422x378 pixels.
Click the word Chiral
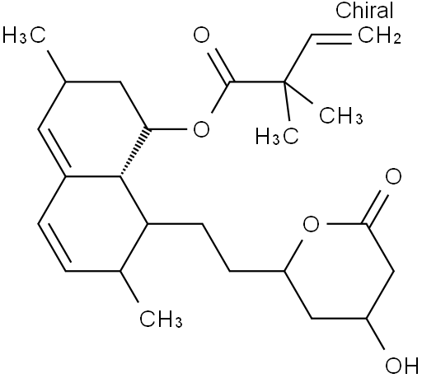(364, 10)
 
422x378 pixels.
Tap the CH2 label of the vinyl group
(379, 35)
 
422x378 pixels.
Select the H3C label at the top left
(24, 35)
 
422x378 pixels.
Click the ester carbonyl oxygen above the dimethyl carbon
(201, 35)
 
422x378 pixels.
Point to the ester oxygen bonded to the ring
(201, 129)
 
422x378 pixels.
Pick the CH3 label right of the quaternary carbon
(340, 115)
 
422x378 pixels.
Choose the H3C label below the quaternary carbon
(277, 136)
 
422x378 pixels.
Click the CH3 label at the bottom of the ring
(161, 319)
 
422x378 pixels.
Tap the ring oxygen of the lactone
(312, 224)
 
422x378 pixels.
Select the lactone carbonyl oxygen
(393, 176)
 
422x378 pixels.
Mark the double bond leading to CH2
(331, 39)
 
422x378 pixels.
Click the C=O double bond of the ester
(222, 66)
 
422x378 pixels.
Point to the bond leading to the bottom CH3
(129, 287)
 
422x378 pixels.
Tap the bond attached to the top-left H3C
(56, 66)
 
